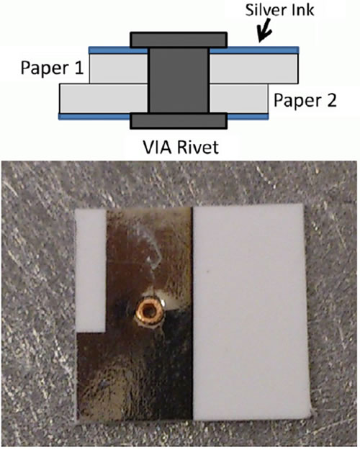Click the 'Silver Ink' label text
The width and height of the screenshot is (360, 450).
coord(279,10)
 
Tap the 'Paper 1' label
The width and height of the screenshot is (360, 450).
coord(52,68)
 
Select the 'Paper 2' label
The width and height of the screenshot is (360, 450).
coord(305,100)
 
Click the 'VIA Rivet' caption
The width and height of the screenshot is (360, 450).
coord(181,147)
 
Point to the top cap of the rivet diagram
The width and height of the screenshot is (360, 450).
coord(179,40)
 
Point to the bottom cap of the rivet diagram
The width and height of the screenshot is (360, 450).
coord(179,121)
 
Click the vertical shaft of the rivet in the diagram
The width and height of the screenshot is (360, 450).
coord(179,81)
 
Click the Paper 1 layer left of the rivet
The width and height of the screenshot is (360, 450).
coord(119,68)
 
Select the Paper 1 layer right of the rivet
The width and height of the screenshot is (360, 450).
coord(253,68)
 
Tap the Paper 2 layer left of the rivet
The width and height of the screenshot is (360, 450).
coord(104,99)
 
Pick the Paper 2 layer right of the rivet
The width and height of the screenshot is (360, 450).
coord(239,99)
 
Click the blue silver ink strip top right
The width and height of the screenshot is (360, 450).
coord(254,50)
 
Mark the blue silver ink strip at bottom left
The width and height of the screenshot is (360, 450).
coord(94,117)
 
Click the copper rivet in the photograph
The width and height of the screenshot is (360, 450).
coord(149,311)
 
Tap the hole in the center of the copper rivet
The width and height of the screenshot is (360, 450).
coord(149,310)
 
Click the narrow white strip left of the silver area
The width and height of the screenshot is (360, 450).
coord(91,270)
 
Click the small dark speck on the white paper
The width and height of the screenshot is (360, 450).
coord(207,270)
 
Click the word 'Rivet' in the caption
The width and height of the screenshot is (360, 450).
coord(198,147)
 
